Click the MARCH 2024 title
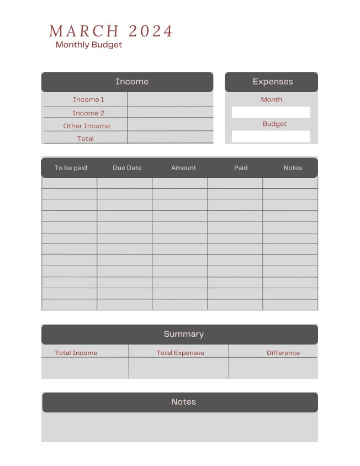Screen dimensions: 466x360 tap(111, 31)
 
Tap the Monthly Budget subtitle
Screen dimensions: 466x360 tap(89, 45)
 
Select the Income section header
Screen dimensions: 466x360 tap(132, 82)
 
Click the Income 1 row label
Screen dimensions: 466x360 tap(88, 99)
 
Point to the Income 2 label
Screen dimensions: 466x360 tap(88, 113)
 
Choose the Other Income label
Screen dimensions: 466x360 tap(86, 126)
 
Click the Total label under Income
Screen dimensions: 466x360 tap(85, 139)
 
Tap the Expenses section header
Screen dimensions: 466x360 tap(272, 82)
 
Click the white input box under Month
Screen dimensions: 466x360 tap(271, 112)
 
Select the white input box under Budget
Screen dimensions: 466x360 tap(271, 136)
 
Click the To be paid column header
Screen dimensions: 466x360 tap(71, 168)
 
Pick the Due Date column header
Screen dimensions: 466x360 tap(127, 168)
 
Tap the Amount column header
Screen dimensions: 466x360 tap(183, 168)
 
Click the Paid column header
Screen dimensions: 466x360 tap(241, 168)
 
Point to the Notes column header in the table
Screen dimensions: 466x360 tap(293, 168)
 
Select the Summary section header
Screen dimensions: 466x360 tap(183, 334)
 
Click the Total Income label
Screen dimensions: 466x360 tap(76, 353)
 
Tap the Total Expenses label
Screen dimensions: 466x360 tap(180, 353)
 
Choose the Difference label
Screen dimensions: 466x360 tap(283, 353)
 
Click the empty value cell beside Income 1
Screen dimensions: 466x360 tap(170, 99)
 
